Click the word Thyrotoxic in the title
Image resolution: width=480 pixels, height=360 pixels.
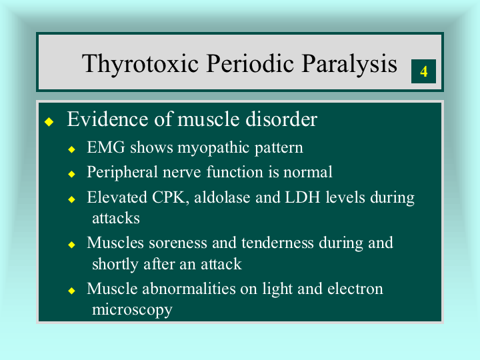[x=140, y=64]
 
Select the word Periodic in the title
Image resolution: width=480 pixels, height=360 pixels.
[x=250, y=64]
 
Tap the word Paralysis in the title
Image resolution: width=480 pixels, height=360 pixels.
[x=349, y=64]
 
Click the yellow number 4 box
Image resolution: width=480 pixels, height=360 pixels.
[x=423, y=71]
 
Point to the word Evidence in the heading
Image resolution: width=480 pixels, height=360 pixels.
[x=108, y=119]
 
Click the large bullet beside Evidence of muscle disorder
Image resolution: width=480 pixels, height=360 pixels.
[x=49, y=121]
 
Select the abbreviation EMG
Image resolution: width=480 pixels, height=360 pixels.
[x=106, y=147]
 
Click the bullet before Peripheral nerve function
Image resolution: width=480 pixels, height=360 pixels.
[x=71, y=174]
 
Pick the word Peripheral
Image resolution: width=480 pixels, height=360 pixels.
[x=122, y=172]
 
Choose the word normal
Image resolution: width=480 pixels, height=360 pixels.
[x=307, y=172]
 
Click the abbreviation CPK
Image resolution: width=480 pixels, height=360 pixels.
[x=169, y=197]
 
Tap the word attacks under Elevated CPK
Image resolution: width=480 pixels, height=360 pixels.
[x=116, y=218]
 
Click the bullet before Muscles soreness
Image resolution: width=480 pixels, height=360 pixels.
[x=71, y=245]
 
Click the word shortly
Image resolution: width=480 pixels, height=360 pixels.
[x=115, y=265]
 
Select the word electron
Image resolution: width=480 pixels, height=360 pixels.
[x=355, y=289]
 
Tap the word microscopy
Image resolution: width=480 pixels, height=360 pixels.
[x=132, y=310]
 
